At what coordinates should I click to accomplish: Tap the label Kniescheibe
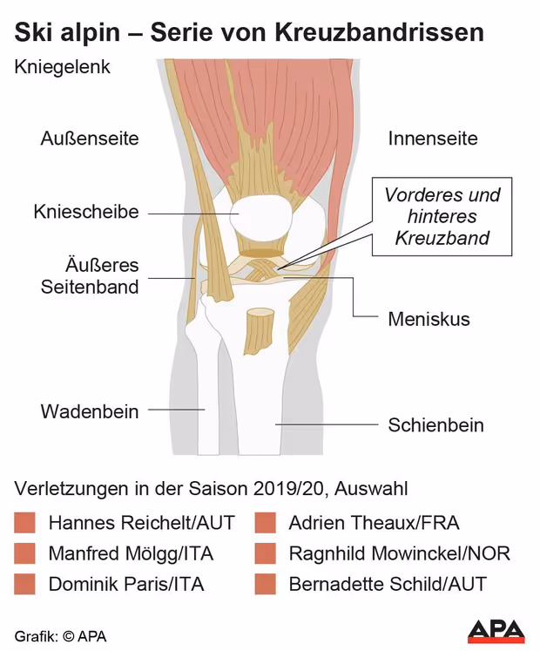(x=86, y=212)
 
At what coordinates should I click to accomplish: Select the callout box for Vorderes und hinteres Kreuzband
(x=442, y=216)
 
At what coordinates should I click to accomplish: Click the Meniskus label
(x=429, y=319)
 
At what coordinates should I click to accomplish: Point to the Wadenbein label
(x=89, y=411)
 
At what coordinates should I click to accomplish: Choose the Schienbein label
(x=435, y=424)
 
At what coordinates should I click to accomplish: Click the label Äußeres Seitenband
(x=90, y=276)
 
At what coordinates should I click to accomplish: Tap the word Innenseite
(x=433, y=139)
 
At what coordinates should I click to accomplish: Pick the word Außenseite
(x=90, y=139)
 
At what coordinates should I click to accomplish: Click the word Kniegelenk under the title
(x=62, y=67)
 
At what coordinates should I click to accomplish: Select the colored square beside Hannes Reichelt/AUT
(x=24, y=523)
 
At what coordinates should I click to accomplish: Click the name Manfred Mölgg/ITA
(x=131, y=553)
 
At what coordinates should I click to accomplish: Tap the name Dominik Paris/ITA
(x=126, y=584)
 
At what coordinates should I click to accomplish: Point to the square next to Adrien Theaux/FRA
(x=266, y=523)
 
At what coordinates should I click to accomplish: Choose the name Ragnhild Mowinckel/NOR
(x=399, y=553)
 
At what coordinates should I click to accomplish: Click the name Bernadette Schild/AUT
(x=388, y=584)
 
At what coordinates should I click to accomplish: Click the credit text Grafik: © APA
(x=61, y=636)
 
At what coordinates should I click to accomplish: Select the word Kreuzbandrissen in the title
(x=380, y=32)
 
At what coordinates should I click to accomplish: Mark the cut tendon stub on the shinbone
(x=259, y=331)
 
